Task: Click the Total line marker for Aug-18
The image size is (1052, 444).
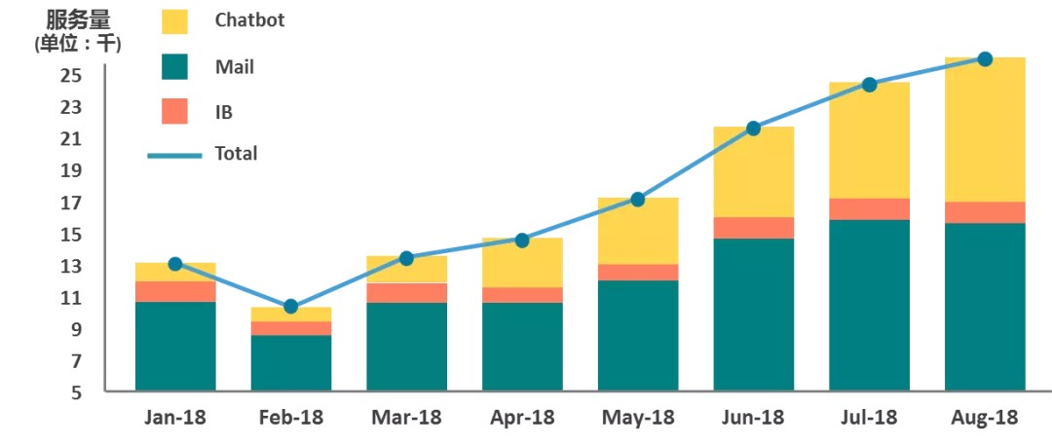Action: pyautogui.click(x=985, y=59)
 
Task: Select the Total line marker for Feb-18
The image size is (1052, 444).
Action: pyautogui.click(x=290, y=307)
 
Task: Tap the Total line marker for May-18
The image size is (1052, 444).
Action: pyautogui.click(x=638, y=200)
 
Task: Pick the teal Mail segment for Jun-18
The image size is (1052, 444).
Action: pyautogui.click(x=753, y=314)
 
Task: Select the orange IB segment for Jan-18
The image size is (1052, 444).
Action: pyautogui.click(x=175, y=291)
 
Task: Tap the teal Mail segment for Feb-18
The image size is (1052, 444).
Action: pyautogui.click(x=290, y=362)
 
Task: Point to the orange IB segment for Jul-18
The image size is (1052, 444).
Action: pyautogui.click(x=869, y=209)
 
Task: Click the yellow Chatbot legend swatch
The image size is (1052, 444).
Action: pyautogui.click(x=175, y=21)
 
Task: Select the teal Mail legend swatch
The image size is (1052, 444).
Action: pyautogui.click(x=175, y=67)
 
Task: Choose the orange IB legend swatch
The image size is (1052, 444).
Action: pyautogui.click(x=175, y=111)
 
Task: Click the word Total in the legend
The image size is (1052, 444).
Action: pyautogui.click(x=236, y=154)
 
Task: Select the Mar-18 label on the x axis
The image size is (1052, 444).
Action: pyautogui.click(x=406, y=418)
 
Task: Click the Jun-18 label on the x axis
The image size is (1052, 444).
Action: pyautogui.click(x=753, y=418)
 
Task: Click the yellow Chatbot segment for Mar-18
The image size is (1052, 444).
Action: pyautogui.click(x=406, y=270)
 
